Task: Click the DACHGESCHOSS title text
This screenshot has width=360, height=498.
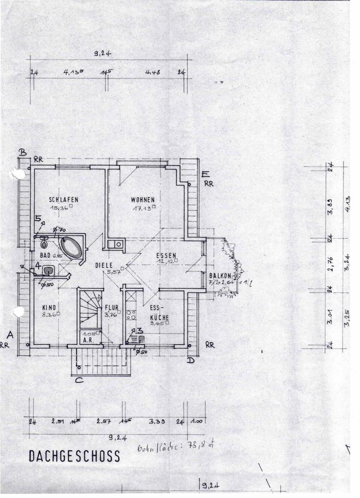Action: (x=74, y=456)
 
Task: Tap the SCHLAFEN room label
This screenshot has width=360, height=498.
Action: (x=64, y=199)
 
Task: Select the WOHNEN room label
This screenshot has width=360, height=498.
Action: (x=143, y=199)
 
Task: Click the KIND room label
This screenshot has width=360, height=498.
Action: (x=49, y=307)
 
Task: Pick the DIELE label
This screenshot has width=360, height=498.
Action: (x=103, y=265)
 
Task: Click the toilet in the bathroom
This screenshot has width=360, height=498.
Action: (x=43, y=242)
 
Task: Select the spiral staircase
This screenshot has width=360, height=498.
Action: (x=89, y=310)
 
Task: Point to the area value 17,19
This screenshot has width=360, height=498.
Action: (x=142, y=208)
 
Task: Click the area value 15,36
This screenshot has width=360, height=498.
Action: (x=60, y=208)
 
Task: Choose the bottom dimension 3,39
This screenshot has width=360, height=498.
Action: (x=156, y=422)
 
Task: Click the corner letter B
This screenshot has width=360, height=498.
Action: (x=22, y=153)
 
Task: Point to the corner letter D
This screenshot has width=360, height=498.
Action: (x=191, y=359)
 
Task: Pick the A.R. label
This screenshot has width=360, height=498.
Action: (x=88, y=341)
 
